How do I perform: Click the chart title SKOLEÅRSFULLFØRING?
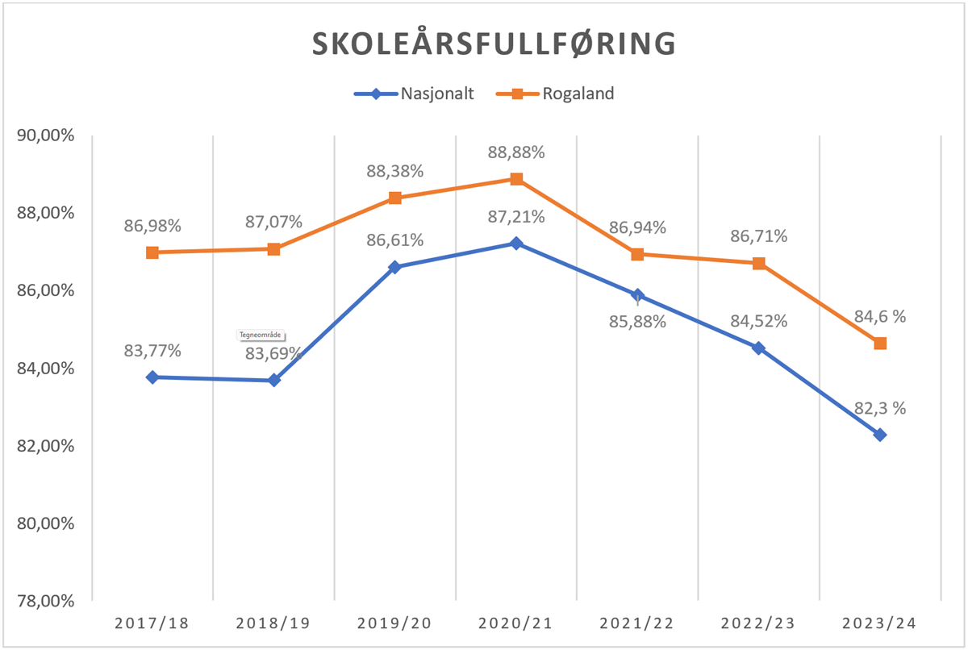point(494,44)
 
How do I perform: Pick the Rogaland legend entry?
point(577,94)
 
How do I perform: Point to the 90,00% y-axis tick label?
point(45,135)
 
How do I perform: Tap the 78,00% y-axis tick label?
point(45,601)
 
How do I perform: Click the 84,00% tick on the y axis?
point(45,369)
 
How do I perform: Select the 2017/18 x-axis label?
point(152,623)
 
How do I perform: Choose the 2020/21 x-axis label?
point(516,623)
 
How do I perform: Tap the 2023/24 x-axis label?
point(880,623)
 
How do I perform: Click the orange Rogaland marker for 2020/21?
point(516,179)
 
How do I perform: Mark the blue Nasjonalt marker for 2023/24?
point(880,435)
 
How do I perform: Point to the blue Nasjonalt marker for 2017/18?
point(152,377)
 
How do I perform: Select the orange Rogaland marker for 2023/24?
point(880,344)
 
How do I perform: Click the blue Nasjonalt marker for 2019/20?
point(395,267)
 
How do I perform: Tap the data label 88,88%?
point(516,152)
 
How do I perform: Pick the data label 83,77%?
point(152,351)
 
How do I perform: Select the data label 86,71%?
point(759,237)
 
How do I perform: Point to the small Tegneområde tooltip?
point(262,335)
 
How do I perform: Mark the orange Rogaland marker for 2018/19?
point(273,249)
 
